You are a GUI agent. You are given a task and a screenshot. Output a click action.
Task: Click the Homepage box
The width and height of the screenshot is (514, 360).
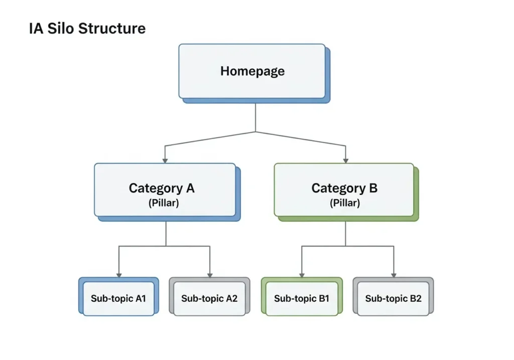(252, 71)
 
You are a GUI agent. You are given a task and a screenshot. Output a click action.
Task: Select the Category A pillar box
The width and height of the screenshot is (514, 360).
(165, 190)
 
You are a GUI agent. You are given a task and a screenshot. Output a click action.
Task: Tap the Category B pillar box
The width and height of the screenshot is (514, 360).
(344, 190)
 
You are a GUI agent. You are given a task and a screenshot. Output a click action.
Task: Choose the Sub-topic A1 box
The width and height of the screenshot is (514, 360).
(118, 298)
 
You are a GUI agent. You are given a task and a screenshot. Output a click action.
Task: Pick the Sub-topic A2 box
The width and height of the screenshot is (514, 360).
(209, 298)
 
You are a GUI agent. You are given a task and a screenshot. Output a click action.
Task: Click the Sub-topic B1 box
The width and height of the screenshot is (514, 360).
(301, 298)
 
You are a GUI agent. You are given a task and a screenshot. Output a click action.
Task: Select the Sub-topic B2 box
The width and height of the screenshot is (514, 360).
(393, 298)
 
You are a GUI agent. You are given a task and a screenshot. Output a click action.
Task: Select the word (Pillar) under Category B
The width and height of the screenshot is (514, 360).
(344, 203)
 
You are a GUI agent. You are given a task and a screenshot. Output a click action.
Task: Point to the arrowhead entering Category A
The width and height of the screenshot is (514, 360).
(165, 160)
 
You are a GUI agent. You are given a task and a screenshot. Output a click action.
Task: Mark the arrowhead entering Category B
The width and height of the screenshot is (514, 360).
(346, 160)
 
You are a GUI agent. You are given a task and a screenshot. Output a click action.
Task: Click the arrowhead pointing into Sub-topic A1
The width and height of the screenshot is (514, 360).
(119, 274)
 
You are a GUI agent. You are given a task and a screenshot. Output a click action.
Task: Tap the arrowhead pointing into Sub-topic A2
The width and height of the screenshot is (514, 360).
(210, 274)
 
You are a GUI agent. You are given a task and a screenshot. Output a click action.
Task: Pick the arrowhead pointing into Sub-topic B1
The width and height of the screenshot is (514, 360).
(302, 274)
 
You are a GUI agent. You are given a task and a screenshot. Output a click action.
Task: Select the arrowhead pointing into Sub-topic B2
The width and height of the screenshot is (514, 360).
(394, 274)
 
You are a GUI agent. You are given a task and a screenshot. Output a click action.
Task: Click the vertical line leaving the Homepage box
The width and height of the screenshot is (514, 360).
(256, 117)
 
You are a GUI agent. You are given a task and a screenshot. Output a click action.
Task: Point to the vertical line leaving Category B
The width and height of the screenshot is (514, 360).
(345, 233)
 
